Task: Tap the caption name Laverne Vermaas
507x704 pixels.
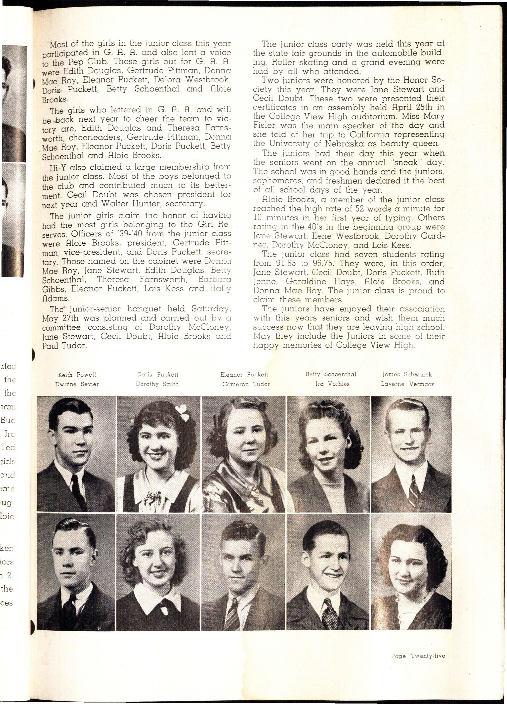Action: (407, 384)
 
